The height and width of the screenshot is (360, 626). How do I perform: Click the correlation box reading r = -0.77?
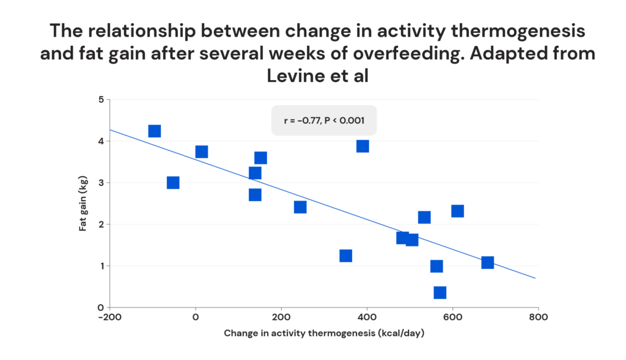[x=324, y=120]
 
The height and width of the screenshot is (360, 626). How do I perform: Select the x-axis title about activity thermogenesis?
[x=324, y=333]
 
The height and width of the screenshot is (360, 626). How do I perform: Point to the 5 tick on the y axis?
[x=101, y=100]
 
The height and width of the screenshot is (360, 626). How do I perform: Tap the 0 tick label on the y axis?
[x=101, y=307]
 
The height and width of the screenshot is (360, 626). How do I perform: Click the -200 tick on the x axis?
[x=110, y=317]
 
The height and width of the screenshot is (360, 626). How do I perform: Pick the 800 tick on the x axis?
[x=538, y=317]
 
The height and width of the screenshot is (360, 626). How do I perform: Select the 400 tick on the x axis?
[x=367, y=317]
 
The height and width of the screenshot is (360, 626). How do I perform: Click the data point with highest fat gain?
[x=155, y=131]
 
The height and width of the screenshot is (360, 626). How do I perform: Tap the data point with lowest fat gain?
[x=440, y=293]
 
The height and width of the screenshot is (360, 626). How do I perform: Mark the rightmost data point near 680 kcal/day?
[x=487, y=263]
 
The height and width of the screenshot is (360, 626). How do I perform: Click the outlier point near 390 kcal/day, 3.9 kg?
[x=363, y=146]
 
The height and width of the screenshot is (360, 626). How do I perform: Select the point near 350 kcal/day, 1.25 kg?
[x=346, y=255]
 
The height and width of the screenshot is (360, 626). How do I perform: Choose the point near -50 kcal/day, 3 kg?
[x=173, y=183]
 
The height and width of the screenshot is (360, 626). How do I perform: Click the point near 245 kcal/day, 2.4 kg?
[x=300, y=207]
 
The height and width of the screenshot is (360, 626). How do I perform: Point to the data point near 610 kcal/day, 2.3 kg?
[x=457, y=211]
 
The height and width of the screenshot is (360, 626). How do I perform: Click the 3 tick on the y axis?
[x=101, y=183]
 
